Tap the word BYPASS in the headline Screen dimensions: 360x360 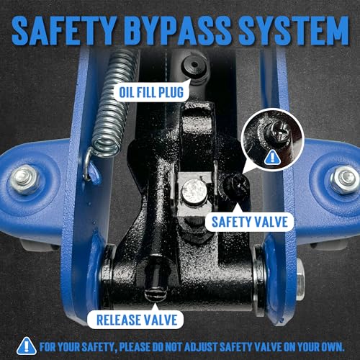click(177, 31)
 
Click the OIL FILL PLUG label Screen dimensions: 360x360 click(151, 92)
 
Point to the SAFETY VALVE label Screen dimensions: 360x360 click(250, 222)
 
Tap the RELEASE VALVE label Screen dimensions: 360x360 click(137, 320)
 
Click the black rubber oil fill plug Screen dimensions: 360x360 click(194, 66)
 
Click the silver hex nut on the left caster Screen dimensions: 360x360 click(24, 179)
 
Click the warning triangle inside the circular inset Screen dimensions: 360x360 click(272, 157)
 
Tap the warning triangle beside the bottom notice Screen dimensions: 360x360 click(27, 346)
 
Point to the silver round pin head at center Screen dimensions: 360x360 click(194, 192)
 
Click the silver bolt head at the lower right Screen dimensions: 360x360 click(300, 279)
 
